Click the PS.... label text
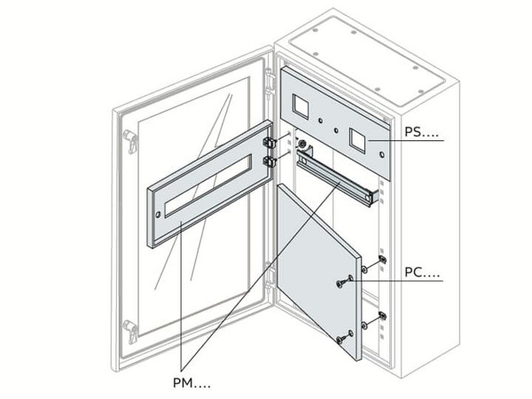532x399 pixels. pos(421,133)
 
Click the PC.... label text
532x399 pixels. pos(421,274)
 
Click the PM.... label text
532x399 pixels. pos(192,383)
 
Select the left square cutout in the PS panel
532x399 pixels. pos(301,108)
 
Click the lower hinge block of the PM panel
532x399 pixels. pos(270,161)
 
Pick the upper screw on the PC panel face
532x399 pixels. pos(341,284)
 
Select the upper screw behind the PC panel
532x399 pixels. pos(381,260)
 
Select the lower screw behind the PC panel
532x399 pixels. pos(381,316)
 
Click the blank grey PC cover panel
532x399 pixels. pos(315,266)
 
